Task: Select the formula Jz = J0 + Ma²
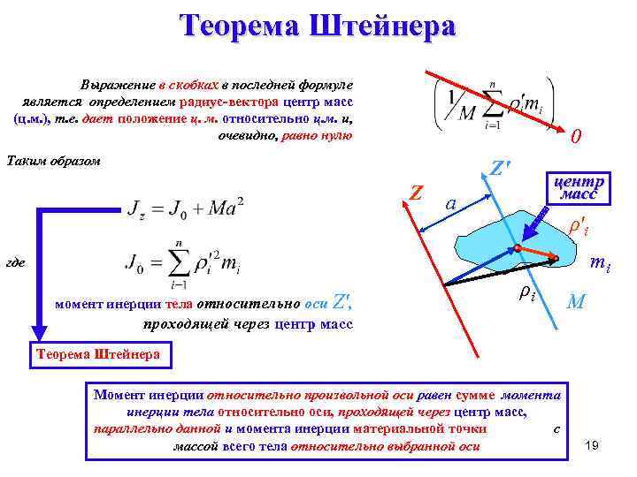(x=186, y=208)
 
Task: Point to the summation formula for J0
(x=183, y=262)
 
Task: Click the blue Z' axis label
(x=502, y=168)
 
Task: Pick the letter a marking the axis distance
(x=450, y=203)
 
